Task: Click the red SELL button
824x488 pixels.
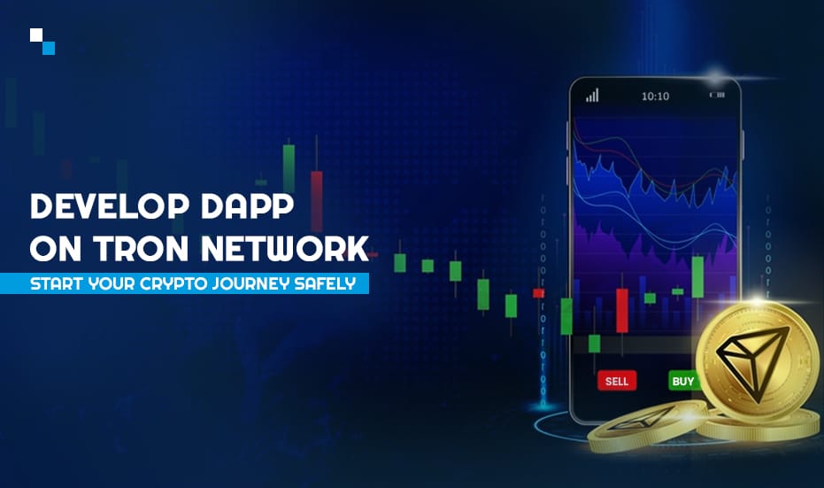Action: [617, 381]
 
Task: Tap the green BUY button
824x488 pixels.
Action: [682, 381]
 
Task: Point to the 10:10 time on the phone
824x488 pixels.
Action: [655, 97]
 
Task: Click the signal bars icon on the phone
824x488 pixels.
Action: [592, 95]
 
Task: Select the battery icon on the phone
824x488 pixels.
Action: [717, 95]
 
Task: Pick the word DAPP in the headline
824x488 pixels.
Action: [247, 206]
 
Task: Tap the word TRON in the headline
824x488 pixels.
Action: [141, 248]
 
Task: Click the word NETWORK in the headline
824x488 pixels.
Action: [285, 248]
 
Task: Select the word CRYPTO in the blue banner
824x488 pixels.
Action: [173, 284]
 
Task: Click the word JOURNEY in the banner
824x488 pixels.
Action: [250, 284]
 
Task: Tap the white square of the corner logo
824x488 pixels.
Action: [36, 35]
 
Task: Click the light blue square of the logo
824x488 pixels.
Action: [49, 48]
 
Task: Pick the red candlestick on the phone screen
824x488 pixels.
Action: [622, 310]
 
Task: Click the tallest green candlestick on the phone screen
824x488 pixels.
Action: [697, 277]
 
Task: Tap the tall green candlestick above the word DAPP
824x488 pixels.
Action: [289, 168]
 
